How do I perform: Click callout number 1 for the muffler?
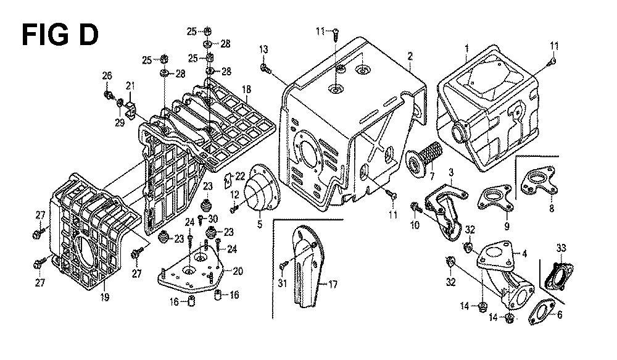467,48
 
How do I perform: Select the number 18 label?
246,90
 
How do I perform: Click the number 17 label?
333,285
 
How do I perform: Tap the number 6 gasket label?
560,314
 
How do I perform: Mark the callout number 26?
107,76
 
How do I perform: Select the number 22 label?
241,176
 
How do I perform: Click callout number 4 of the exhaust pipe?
525,253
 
